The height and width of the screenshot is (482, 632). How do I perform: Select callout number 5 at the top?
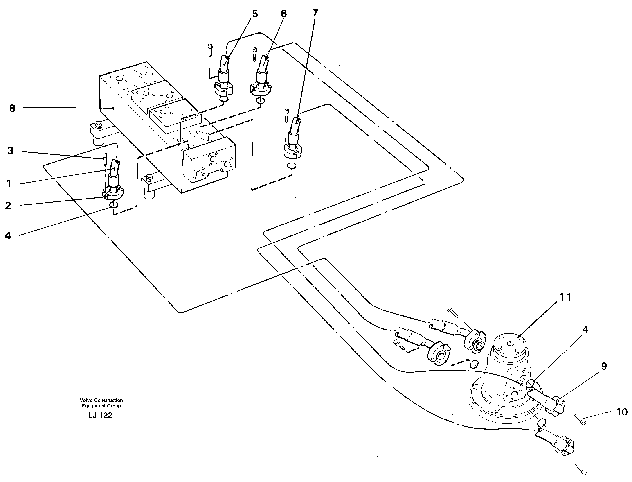point(255,14)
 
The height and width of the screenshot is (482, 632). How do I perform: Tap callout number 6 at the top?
point(283,14)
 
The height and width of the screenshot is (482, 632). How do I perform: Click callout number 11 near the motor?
point(565,297)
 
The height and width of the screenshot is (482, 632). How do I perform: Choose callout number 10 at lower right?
point(622,412)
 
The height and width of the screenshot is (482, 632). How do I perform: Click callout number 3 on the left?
point(11,151)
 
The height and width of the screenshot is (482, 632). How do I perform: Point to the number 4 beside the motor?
point(585,329)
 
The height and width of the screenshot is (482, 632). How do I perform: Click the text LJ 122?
point(100,415)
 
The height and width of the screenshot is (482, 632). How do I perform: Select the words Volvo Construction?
point(101,400)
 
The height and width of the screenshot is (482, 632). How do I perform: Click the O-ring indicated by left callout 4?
point(114,204)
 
